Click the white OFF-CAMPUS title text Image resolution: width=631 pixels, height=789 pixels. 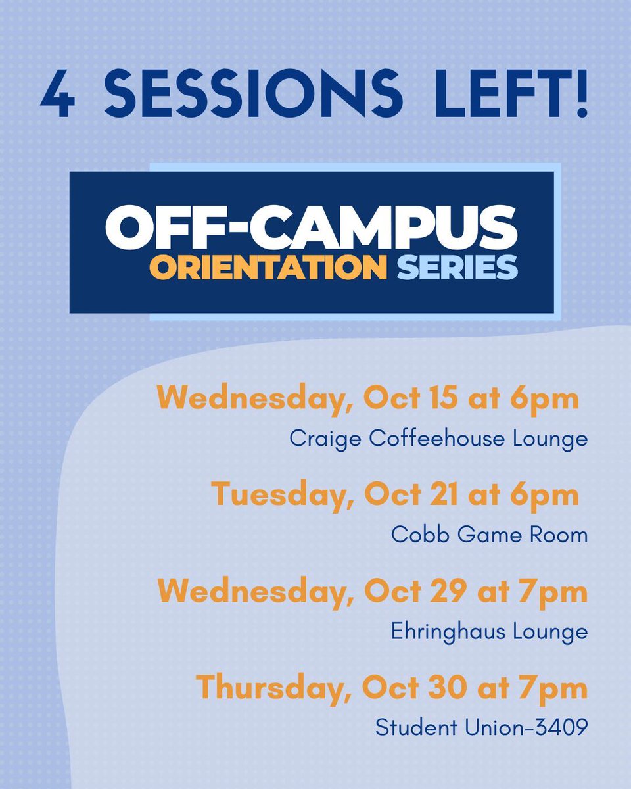tap(312, 227)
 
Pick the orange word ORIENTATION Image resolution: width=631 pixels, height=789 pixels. tap(268, 267)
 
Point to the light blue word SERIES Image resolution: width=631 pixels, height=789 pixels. tap(457, 267)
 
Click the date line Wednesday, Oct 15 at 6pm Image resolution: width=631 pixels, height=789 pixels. tap(367, 398)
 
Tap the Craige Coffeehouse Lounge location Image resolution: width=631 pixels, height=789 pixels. tap(438, 439)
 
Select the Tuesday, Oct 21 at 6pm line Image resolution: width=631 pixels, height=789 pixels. tap(395, 495)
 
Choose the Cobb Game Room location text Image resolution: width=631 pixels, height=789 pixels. tap(489, 535)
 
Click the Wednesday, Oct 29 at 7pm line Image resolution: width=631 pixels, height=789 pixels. tap(372, 592)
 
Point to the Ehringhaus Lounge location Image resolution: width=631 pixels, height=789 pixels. tap(489, 631)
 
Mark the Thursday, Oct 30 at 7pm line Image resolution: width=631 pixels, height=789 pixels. tap(391, 688)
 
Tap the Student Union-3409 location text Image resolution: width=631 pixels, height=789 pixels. tap(481, 728)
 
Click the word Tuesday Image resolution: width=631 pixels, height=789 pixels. tap(279, 495)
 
